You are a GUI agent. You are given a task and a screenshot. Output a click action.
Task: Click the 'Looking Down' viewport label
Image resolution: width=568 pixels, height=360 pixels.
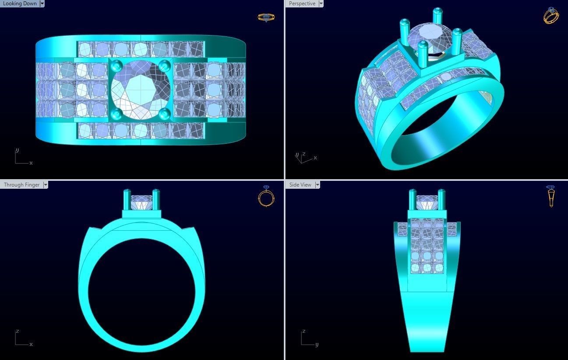point(20,4)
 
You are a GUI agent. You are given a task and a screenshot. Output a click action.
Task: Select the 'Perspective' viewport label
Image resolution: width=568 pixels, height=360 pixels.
point(302,4)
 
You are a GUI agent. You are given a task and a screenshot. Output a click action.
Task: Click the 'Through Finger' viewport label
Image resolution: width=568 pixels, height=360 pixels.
point(21,185)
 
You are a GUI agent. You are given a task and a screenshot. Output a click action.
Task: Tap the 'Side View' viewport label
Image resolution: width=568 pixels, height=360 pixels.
point(300,185)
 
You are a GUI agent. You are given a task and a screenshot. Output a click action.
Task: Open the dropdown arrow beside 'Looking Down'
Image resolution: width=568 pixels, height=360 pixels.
point(42,4)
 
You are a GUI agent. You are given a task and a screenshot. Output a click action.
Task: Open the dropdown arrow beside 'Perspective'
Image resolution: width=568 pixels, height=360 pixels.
point(321,4)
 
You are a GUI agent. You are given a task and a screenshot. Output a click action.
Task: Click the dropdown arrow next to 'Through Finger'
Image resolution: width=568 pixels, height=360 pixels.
point(45,185)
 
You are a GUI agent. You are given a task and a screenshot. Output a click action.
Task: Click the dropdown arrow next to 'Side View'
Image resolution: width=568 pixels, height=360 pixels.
point(317,185)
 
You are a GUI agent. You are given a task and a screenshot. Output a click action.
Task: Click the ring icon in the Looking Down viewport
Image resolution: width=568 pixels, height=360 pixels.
point(266,18)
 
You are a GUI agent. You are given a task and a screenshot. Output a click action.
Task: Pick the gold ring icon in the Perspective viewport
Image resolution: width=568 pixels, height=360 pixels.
point(551,16)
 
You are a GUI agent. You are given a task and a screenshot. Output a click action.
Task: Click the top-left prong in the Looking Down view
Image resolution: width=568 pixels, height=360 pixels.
point(116,66)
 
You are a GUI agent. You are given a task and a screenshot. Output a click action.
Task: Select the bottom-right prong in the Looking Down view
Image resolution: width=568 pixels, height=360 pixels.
point(164,114)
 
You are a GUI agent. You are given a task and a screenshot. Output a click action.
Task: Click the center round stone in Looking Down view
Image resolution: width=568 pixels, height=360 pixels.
point(140,90)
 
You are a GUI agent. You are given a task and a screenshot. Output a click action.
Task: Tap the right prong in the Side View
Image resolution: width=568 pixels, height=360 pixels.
point(441,199)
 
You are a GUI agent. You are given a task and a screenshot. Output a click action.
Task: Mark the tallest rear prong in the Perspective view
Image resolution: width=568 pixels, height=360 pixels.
point(437,18)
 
